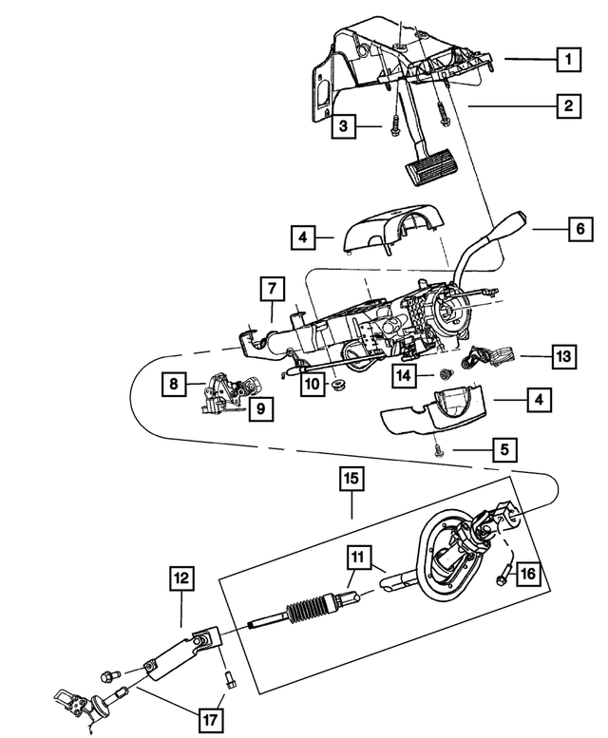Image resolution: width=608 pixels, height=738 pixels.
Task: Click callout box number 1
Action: coord(569,60)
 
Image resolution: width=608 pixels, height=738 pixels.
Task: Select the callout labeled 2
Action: coord(569,106)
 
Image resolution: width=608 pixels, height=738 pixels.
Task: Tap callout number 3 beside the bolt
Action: coord(345,125)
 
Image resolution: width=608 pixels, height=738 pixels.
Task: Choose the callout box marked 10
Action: coord(312,385)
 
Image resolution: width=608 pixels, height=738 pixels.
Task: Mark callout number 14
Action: coord(406,375)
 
